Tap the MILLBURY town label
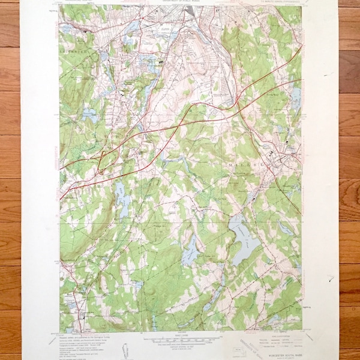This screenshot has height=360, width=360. click(x=244, y=163)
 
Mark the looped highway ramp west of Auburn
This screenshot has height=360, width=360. click(x=103, y=161)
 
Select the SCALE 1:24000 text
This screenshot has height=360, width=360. click(x=180, y=335)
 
